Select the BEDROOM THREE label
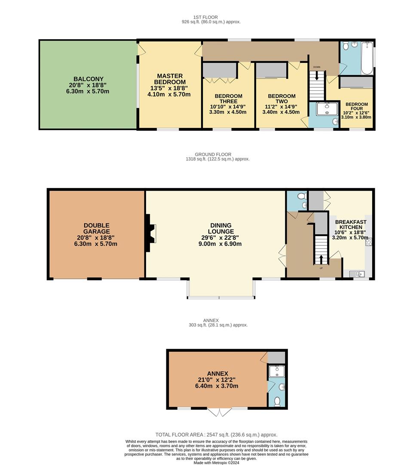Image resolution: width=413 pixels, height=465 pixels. (x=228, y=99)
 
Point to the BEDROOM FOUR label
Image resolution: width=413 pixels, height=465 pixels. (x=357, y=106)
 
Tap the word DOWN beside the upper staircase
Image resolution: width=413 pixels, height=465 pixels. (x=317, y=67)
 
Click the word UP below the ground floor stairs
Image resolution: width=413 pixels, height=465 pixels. (x=321, y=268)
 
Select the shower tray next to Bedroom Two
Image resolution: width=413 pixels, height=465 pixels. (x=327, y=109)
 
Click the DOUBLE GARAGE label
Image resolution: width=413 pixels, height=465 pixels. (x=96, y=228)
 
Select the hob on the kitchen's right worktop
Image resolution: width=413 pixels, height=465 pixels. (x=368, y=242)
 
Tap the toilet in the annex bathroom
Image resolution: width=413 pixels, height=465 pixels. (x=277, y=401)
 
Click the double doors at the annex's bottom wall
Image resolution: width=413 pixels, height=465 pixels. (x=220, y=412)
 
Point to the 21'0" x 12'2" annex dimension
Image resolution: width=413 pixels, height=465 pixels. (x=217, y=380)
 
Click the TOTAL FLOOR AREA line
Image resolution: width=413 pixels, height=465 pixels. (x=216, y=435)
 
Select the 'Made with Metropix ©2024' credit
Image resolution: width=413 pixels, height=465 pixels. (x=216, y=462)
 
